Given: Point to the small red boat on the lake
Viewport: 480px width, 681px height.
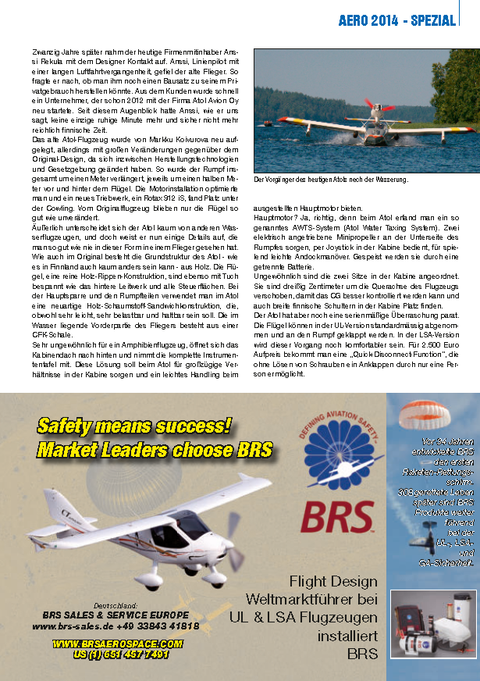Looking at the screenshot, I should [x=268, y=123].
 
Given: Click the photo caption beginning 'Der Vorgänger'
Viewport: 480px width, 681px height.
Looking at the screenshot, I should [x=332, y=180].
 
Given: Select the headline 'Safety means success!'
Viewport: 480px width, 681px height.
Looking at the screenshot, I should [x=134, y=426].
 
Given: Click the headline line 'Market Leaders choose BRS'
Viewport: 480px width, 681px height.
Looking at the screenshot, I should [x=154, y=450].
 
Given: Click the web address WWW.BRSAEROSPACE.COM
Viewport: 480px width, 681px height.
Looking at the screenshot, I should [x=117, y=644].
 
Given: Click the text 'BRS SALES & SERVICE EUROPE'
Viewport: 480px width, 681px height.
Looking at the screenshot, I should [x=116, y=615].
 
